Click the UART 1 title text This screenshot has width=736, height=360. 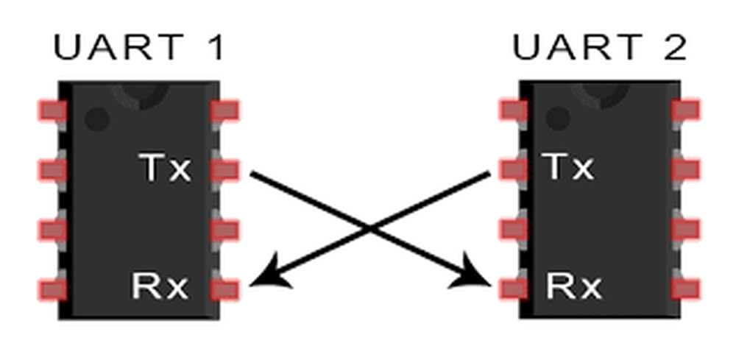[x=138, y=49]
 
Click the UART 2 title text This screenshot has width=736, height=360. [x=599, y=49]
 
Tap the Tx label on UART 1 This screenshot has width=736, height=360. [x=165, y=169]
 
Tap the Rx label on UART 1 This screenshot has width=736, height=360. [x=160, y=286]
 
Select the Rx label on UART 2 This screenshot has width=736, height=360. [x=573, y=286]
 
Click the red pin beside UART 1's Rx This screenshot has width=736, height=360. [x=224, y=289]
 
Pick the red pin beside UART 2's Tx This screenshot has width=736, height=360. [x=513, y=169]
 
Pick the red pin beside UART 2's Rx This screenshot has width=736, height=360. [x=513, y=289]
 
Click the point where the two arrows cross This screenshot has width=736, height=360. [x=370, y=229]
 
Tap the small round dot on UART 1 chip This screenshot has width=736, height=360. [x=96, y=119]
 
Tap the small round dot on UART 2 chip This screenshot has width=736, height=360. [x=558, y=118]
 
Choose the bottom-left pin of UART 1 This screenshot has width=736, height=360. [x=52, y=289]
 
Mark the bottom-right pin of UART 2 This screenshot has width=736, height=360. [x=685, y=289]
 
